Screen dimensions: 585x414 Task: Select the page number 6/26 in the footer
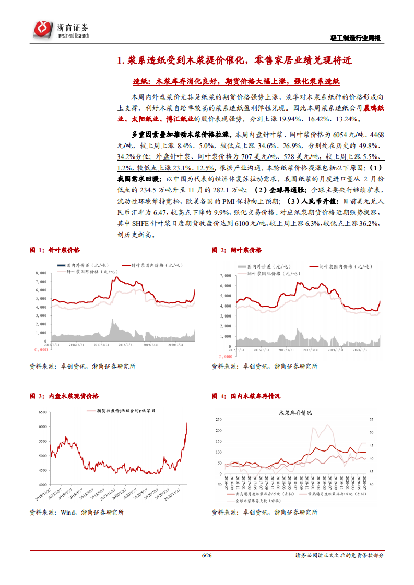pos(206,555)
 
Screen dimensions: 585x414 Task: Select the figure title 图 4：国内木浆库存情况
pos(246,397)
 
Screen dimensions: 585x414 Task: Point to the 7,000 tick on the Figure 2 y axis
pos(226,275)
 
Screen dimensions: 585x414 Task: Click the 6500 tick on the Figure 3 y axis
pos(41,412)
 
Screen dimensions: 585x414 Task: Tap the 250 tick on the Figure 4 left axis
pos(218,419)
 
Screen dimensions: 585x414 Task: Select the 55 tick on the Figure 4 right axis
pos(372,419)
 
